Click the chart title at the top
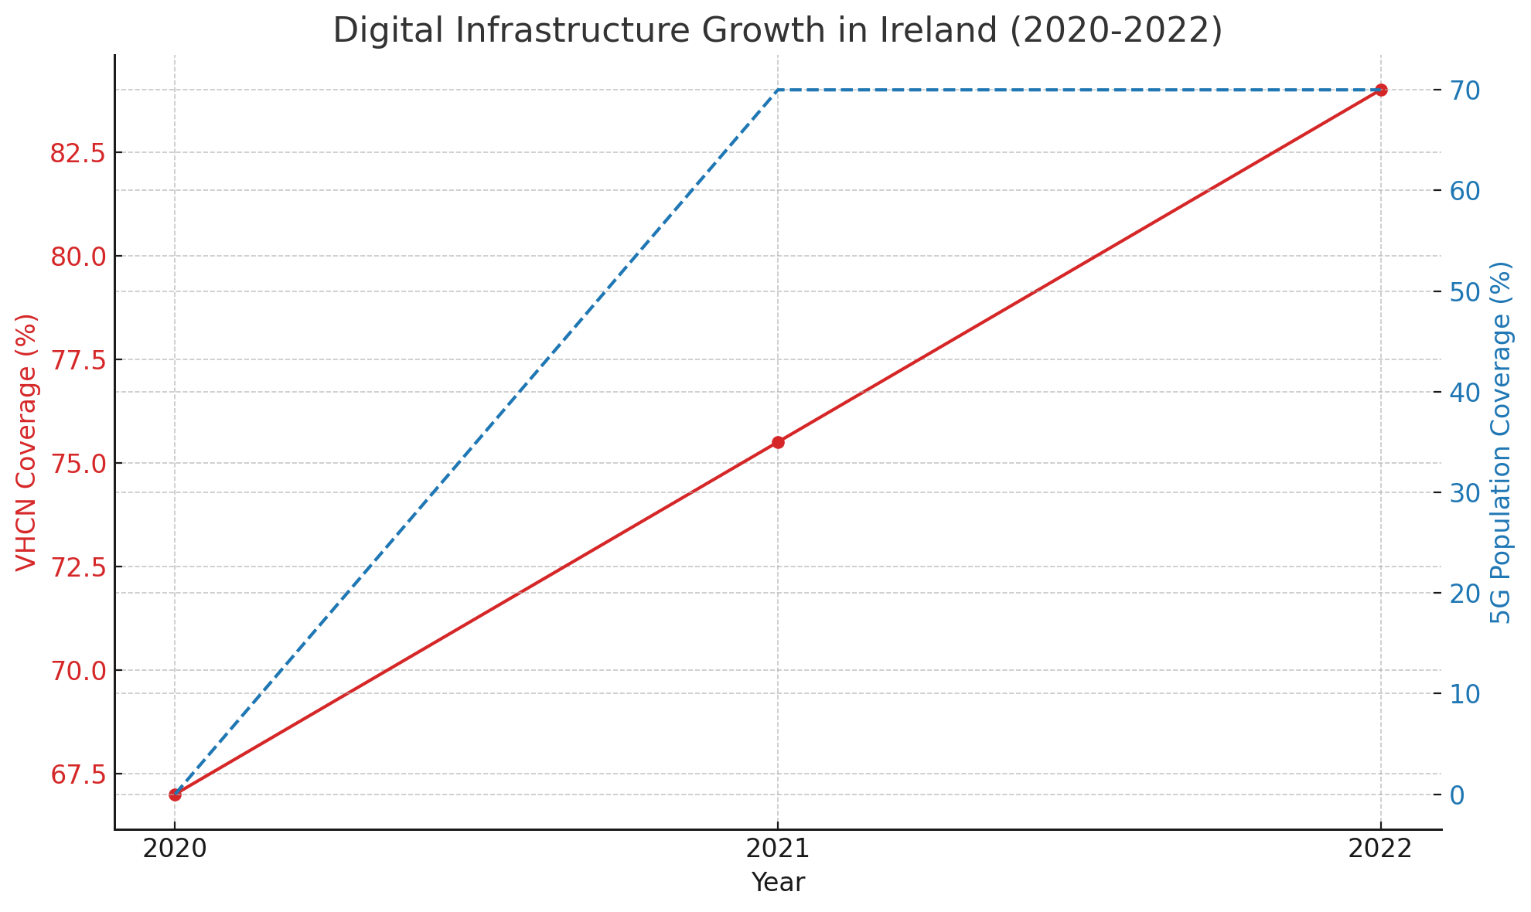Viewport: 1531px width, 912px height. coord(777,31)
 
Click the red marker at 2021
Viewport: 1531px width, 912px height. coord(778,442)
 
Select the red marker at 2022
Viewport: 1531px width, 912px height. coord(1381,90)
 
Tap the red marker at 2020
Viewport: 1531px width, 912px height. coord(175,795)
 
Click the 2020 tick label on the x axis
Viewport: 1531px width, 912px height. coord(175,849)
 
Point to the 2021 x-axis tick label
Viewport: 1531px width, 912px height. coord(778,849)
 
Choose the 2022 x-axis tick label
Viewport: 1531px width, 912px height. coord(1381,849)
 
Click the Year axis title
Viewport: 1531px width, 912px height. coord(778,883)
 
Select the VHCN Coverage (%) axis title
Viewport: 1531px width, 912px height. coord(26,442)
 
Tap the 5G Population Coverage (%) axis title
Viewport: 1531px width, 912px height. coord(1502,442)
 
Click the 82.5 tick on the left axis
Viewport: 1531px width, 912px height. coord(78,153)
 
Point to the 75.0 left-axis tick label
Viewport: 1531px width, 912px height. coord(78,464)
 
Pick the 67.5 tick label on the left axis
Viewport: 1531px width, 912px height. coord(78,774)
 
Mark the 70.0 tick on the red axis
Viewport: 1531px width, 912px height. coord(78,671)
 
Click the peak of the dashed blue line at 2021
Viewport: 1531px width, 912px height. coord(778,90)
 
